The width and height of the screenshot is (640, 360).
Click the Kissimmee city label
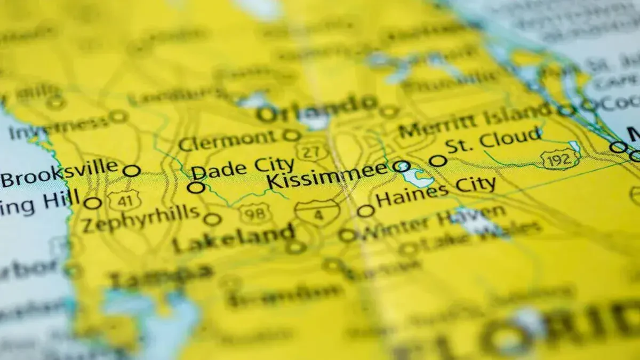click(x=327, y=175)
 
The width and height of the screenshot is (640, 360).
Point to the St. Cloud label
click(x=494, y=140)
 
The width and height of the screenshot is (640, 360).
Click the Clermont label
click(x=228, y=141)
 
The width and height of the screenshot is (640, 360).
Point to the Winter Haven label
click(x=434, y=223)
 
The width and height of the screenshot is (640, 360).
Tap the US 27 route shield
click(x=308, y=151)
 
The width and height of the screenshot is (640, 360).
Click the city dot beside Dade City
click(x=196, y=187)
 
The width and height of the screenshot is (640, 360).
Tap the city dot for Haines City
click(x=365, y=211)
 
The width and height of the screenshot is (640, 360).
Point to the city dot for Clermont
click(x=291, y=135)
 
